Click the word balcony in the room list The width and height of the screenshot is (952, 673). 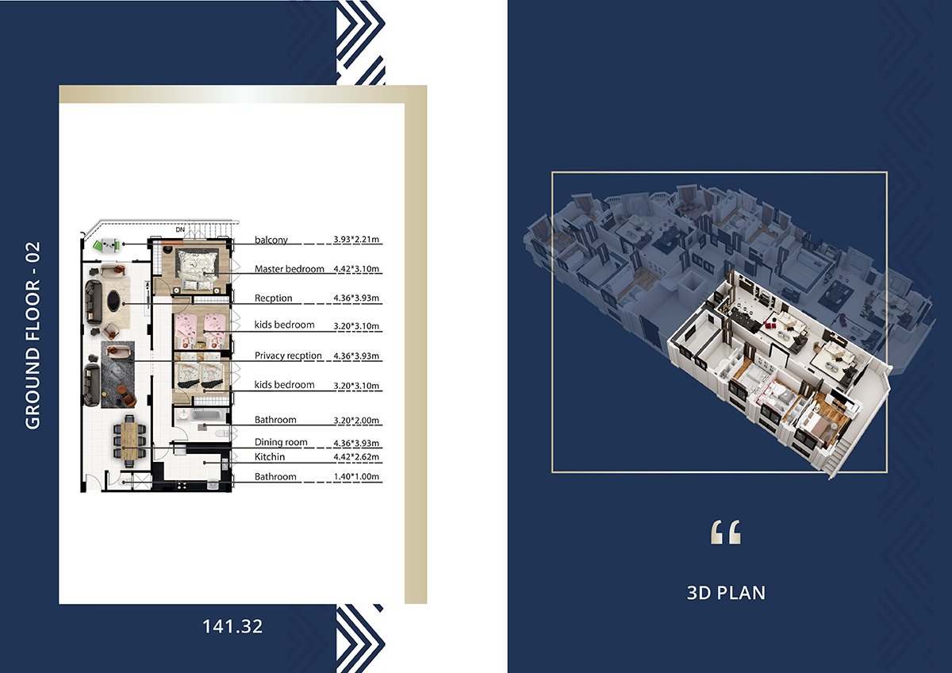(x=271, y=240)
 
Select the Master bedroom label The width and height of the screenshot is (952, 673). (x=290, y=269)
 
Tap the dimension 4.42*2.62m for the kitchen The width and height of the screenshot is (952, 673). (x=356, y=457)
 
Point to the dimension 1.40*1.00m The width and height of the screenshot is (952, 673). (x=356, y=477)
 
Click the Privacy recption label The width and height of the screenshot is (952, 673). (x=288, y=356)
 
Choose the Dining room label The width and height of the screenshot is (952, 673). (x=281, y=442)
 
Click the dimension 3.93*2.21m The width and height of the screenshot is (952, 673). (x=356, y=240)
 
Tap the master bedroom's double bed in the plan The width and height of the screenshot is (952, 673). (x=198, y=271)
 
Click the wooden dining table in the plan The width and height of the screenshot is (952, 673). (x=129, y=441)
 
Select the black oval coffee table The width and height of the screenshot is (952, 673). (x=114, y=301)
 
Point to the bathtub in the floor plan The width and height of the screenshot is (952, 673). (x=206, y=415)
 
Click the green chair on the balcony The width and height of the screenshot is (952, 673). (x=98, y=245)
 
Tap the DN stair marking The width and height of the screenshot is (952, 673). (x=180, y=229)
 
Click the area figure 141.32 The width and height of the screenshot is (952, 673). (x=232, y=626)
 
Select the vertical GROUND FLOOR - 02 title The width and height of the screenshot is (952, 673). (x=33, y=336)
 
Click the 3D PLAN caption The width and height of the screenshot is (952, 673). (x=726, y=593)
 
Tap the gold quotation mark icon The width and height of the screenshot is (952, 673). (x=725, y=532)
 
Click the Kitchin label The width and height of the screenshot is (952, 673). (x=270, y=457)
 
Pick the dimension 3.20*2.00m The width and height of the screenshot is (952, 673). (x=356, y=421)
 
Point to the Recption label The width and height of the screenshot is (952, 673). (x=273, y=298)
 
